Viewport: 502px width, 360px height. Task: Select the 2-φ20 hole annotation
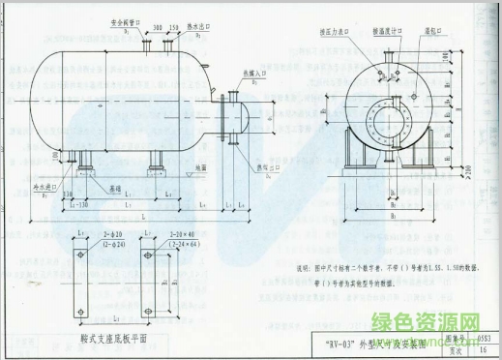tap(115, 235)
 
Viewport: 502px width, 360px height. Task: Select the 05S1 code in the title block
tap(483, 337)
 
